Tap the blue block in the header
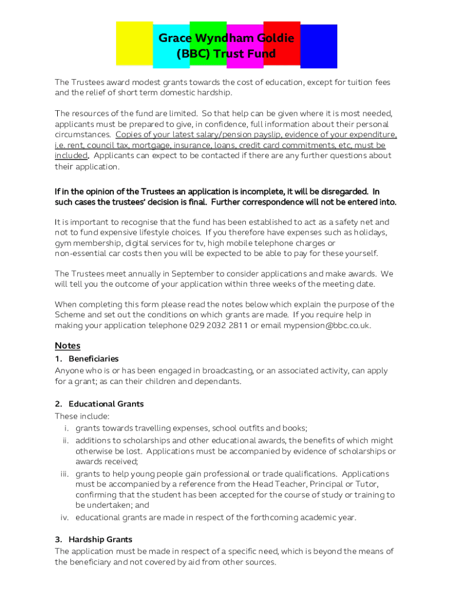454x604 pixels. point(319,46)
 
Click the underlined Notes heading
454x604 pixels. point(67,345)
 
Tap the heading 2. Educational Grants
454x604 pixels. point(99,404)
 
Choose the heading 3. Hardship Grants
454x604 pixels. point(94,539)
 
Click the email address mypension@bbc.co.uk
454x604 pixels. point(327,326)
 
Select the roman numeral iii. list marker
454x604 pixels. point(65,474)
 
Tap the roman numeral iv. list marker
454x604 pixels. point(65,518)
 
